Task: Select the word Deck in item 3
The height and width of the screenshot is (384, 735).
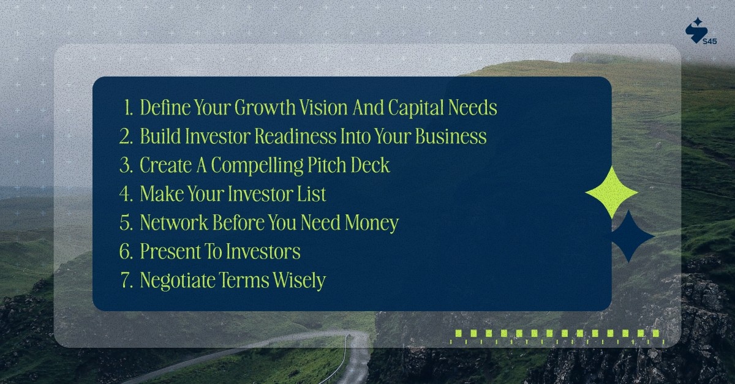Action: pyautogui.click(x=370, y=165)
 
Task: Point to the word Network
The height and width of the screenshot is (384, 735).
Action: pyautogui.click(x=175, y=223)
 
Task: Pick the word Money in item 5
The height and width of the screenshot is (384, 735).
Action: pyautogui.click(x=374, y=223)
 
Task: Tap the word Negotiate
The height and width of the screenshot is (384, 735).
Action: pyautogui.click(x=179, y=280)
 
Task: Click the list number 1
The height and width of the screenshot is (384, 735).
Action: pyautogui.click(x=127, y=108)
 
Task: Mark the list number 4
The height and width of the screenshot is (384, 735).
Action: pyautogui.click(x=126, y=195)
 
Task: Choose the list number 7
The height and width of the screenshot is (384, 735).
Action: pyautogui.click(x=126, y=281)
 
